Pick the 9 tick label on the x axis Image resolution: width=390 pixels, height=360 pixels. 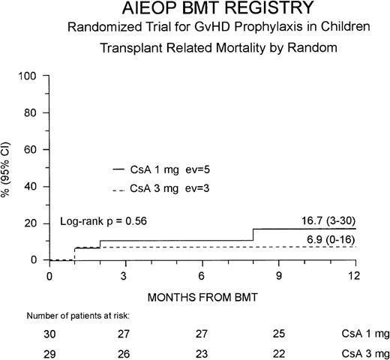coord(279,274)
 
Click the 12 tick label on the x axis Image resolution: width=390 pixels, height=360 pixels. coord(355,274)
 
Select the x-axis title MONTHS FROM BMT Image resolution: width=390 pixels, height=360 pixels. coord(202,296)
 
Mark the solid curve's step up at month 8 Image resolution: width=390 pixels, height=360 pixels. coord(253,235)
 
